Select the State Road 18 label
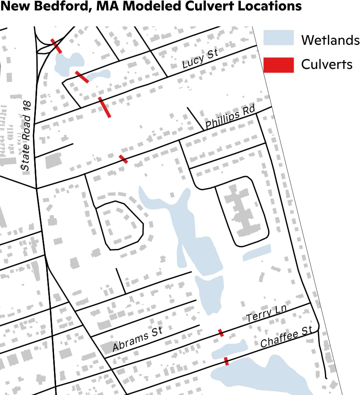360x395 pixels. [x=26, y=136]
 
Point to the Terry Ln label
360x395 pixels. [x=266, y=315]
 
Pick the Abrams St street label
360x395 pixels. [x=137, y=340]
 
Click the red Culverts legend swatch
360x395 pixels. [x=279, y=65]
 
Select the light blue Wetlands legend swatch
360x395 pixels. [x=279, y=38]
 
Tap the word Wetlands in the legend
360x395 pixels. [x=330, y=40]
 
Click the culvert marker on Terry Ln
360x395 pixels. [x=221, y=332]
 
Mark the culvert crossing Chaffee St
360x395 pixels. [x=226, y=361]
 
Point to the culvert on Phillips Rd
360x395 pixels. [x=123, y=159]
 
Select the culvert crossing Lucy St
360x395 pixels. [x=105, y=107]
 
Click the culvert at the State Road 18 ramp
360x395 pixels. [x=56, y=46]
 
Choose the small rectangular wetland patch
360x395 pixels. [x=257, y=253]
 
